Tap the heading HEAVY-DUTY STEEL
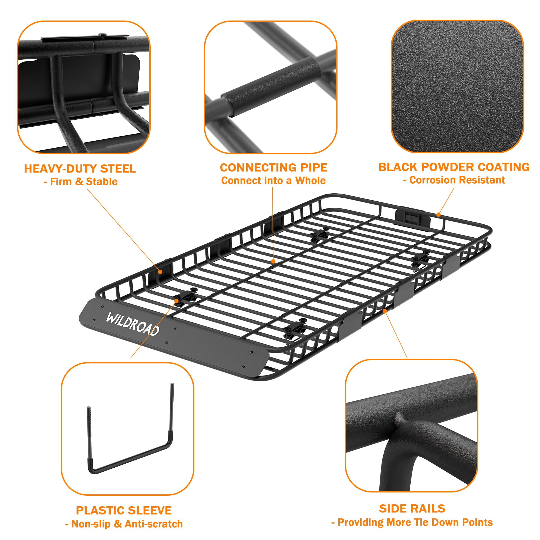click(80, 169)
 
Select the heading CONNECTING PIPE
click(273, 168)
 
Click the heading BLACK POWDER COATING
click(454, 167)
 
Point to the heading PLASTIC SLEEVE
click(124, 511)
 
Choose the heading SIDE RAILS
click(412, 509)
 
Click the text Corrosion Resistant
click(457, 180)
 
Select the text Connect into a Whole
click(273, 181)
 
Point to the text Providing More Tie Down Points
click(415, 522)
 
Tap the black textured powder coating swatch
click(457, 87)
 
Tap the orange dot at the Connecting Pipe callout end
click(273, 261)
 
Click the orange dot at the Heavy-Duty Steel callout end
click(160, 271)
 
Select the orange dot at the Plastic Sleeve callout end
click(176, 301)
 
